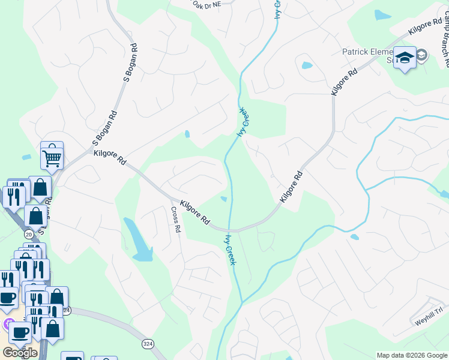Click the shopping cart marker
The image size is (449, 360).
click(52, 158)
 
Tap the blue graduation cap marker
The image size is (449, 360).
click(405, 58)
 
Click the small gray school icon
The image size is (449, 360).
click(421, 55)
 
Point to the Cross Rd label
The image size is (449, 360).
click(175, 220)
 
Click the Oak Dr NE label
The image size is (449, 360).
click(207, 4)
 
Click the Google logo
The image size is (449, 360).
click(20, 353)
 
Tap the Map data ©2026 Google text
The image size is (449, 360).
click(412, 355)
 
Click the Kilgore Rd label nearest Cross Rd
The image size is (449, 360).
click(194, 213)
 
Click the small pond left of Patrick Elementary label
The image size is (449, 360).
click(307, 65)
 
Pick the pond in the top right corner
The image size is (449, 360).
click(382, 15)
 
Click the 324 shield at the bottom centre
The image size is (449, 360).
click(148, 344)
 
